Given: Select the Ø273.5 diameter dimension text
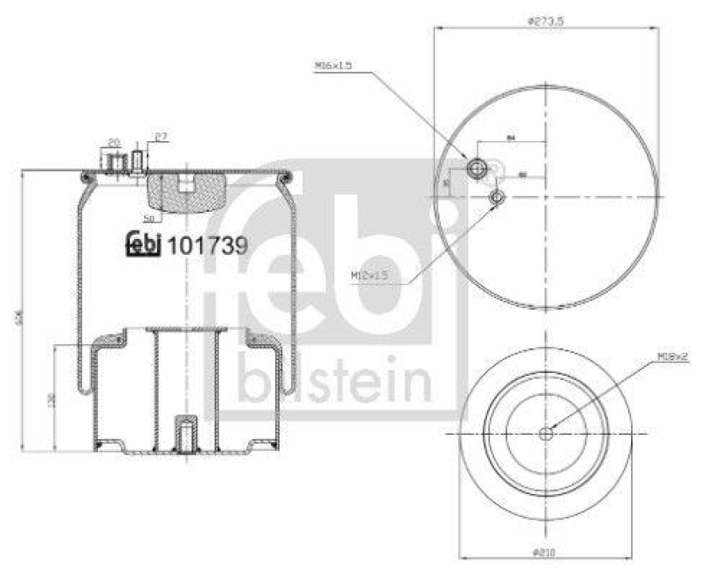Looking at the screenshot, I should tap(545, 20).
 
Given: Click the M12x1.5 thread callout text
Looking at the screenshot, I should tap(369, 276).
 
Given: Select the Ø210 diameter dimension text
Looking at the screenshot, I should tap(545, 553).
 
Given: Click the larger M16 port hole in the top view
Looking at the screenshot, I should tap(477, 167).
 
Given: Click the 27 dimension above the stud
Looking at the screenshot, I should tap(161, 137).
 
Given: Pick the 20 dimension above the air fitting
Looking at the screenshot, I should tap(114, 141).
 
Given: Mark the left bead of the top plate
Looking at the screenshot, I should tap(85, 179).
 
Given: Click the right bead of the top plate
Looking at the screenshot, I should tap(283, 179).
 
